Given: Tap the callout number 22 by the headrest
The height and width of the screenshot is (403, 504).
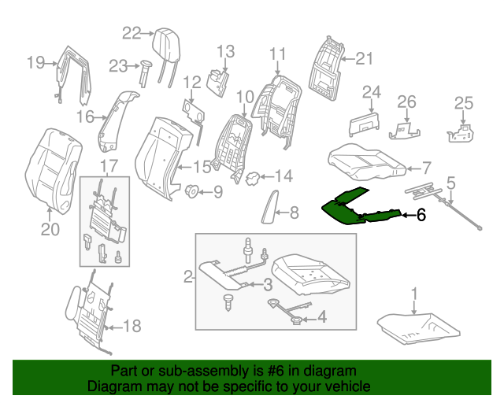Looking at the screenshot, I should click(x=132, y=32).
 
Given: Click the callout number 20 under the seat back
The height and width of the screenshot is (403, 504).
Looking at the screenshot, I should click(x=50, y=229).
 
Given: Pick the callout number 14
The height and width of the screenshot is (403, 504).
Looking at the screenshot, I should click(x=283, y=176).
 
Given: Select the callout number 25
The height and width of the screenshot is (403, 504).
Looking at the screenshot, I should click(x=464, y=102).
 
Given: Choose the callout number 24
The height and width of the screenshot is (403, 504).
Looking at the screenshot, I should click(x=371, y=93).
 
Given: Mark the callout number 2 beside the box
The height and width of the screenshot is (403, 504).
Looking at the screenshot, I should click(x=188, y=276).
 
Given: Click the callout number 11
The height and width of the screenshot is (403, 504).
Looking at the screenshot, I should click(x=276, y=54).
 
